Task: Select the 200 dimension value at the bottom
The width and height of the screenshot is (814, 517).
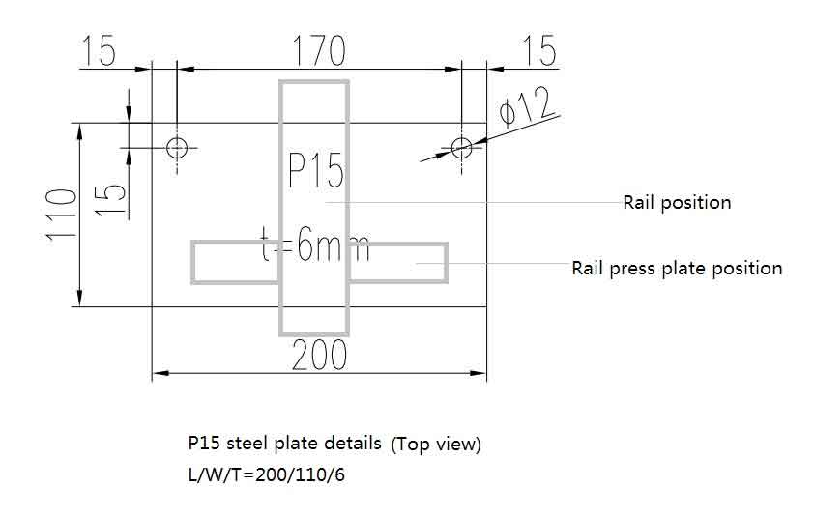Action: (318, 356)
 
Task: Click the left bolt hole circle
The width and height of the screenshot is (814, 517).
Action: (177, 147)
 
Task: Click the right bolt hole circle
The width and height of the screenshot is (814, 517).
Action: (461, 147)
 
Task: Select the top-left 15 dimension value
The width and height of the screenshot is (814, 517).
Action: (100, 50)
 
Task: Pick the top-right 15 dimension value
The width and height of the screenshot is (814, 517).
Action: (538, 50)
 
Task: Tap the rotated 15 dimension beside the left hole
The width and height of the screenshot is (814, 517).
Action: (112, 197)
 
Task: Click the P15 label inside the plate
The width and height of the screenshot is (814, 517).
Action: (316, 172)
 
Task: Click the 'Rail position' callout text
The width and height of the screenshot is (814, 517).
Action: (677, 203)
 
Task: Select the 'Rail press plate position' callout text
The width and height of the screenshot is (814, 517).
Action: (677, 268)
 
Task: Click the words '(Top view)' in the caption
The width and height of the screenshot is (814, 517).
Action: (436, 445)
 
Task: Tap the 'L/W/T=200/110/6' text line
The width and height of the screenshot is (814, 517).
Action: (266, 475)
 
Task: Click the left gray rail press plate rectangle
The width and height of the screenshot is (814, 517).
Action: (235, 263)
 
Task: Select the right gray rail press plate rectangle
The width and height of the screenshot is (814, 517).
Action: (398, 263)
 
